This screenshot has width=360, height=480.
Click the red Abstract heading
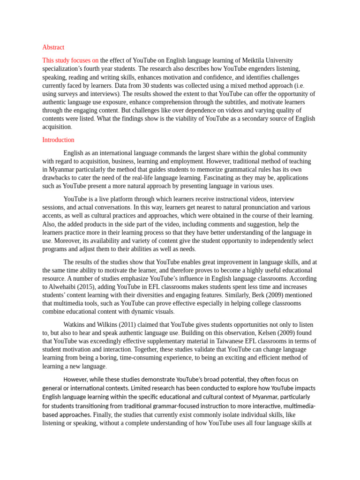(53, 47)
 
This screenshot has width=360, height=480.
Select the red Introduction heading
(58, 140)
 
